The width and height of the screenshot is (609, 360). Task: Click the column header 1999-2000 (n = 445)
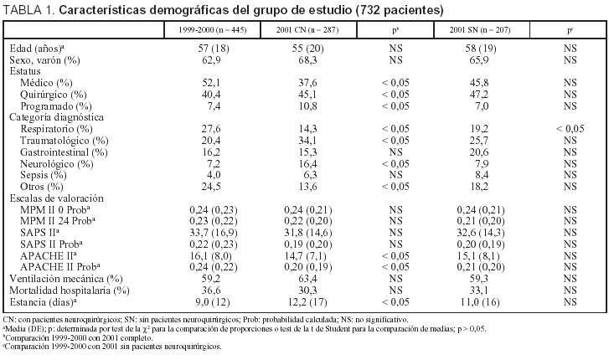pos(211,29)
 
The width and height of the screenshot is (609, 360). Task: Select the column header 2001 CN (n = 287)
pos(307,29)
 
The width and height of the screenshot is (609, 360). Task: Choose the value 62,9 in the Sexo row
pos(211,61)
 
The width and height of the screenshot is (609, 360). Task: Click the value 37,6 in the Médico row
pos(307,84)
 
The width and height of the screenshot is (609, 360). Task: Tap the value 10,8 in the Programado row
pos(307,106)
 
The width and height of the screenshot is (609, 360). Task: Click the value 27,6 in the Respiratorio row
pos(211,129)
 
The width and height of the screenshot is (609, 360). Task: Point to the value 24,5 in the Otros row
pos(211,186)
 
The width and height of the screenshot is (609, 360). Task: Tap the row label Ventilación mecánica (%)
pos(66,277)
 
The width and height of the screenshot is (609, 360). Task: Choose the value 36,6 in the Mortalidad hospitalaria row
pos(211,289)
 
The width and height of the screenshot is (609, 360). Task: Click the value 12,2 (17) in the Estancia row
pos(307,300)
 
